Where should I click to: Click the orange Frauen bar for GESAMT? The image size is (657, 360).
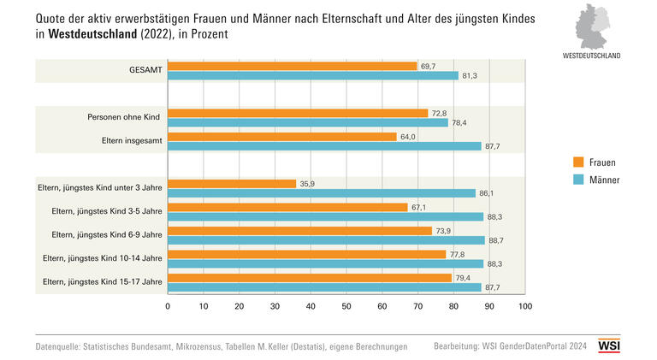[292, 66]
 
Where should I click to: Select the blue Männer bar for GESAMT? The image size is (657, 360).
[313, 76]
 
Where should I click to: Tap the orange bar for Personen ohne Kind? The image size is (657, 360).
[298, 113]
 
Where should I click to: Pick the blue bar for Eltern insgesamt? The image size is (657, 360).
[324, 146]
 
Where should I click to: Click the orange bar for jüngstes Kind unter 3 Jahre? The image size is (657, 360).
[232, 183]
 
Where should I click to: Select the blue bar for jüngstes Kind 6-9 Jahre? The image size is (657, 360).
[326, 240]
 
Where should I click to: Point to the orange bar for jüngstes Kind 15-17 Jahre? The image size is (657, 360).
[310, 277]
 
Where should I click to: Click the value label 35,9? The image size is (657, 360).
[308, 183]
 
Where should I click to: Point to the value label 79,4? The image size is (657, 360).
[465, 277]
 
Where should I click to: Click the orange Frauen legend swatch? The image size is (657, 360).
[579, 162]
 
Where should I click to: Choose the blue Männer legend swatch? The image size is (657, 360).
[579, 180]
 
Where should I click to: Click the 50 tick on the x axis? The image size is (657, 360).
[346, 305]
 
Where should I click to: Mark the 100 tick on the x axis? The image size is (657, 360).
[525, 305]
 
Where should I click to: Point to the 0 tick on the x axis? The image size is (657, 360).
[168, 305]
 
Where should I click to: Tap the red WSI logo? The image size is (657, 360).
[608, 345]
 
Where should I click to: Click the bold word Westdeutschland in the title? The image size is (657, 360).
[94, 34]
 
